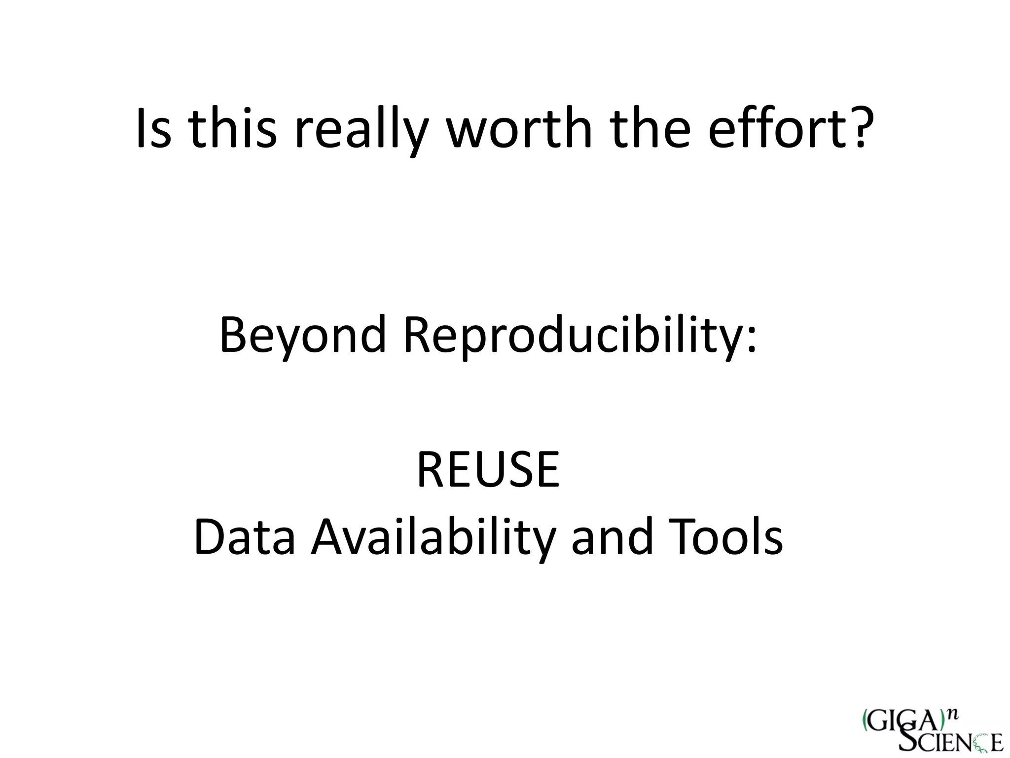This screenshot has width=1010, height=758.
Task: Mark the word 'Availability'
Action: point(433,538)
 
